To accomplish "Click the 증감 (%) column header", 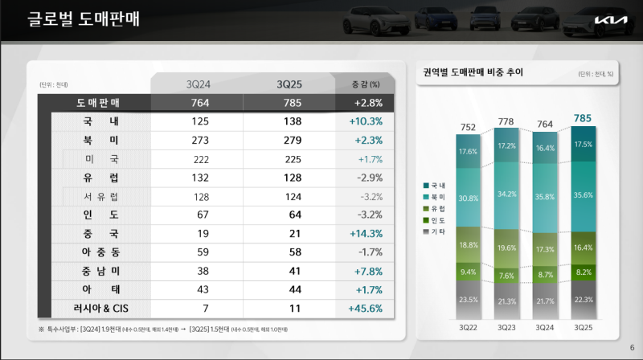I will coord(366,84).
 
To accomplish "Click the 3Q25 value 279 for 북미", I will coord(293,140).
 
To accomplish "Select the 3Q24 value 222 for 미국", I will coord(200,158).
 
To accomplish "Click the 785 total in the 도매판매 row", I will coord(293,103).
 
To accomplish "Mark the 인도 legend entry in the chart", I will coord(438,220).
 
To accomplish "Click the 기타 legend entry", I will coord(438,231).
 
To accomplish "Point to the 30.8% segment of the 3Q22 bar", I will coord(467,198).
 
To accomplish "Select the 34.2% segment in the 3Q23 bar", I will coord(506,194).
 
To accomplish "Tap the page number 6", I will coord(631,347).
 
